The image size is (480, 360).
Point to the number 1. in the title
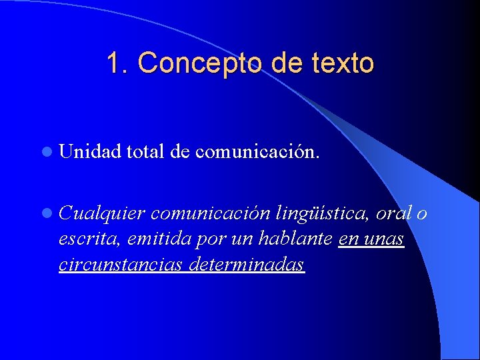tap(119, 63)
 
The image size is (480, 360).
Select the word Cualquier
tap(101, 213)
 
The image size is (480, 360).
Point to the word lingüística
tap(321, 214)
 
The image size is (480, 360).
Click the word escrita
tap(83, 239)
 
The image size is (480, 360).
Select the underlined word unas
tap(383, 239)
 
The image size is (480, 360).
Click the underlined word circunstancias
tap(120, 265)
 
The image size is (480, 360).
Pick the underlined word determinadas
tap(247, 265)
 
